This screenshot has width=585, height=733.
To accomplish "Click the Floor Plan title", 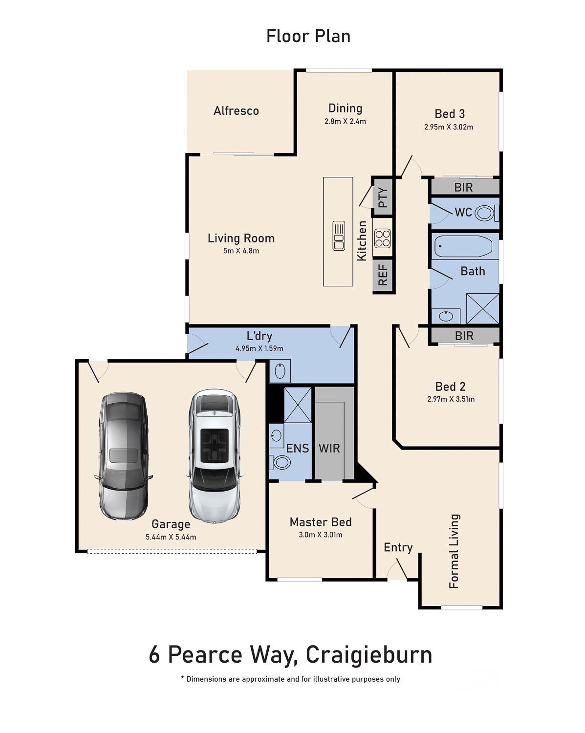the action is point(308,36).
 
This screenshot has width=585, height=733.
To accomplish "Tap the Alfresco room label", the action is point(236,111).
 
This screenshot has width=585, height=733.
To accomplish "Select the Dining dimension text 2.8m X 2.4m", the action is point(345,121).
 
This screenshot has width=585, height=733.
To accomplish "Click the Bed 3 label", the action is point(450,113).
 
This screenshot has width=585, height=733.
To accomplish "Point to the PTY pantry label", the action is point(383,197).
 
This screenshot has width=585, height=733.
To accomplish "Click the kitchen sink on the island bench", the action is point(339,236).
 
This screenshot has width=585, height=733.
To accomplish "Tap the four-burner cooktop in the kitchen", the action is point(382,238).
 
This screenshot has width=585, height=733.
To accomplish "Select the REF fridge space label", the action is point(383,275).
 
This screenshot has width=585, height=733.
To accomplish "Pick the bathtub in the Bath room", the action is point(463,246).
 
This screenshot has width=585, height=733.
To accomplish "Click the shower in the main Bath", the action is point(482,308).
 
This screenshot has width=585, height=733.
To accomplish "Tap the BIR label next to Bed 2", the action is point(464,336).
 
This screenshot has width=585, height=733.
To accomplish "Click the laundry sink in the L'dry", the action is point(280,371).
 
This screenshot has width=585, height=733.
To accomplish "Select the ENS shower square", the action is point(298,405).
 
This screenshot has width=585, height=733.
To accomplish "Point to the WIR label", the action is point(329,448).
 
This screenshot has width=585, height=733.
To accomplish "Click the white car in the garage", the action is point(215,456).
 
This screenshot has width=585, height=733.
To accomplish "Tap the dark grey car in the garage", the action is point(123,456).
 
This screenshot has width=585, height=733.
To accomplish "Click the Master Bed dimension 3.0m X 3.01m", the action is point(320,535).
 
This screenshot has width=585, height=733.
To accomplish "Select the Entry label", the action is point(398,547).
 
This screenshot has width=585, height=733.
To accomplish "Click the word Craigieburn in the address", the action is point(369,655).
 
